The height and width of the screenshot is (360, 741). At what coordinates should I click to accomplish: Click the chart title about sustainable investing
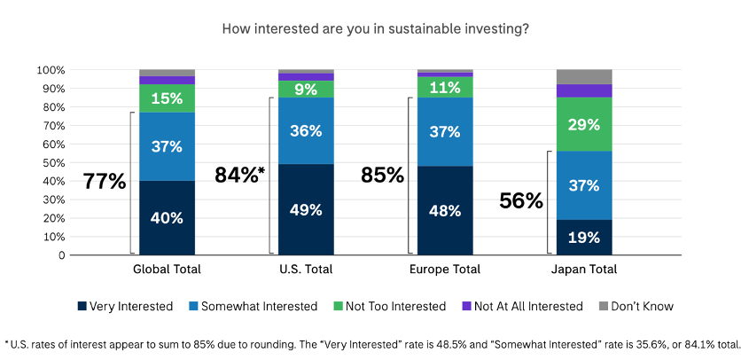click(376, 28)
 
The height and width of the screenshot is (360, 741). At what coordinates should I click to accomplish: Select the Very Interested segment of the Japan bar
click(584, 237)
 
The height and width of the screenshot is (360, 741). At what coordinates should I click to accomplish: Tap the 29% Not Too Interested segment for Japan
click(584, 124)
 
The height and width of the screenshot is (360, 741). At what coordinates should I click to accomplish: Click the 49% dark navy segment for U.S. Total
click(306, 210)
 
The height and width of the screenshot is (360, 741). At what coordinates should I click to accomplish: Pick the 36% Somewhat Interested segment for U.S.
click(306, 130)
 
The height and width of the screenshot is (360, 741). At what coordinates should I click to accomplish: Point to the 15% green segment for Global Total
click(167, 98)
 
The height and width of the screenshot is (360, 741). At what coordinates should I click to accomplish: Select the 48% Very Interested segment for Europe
click(445, 211)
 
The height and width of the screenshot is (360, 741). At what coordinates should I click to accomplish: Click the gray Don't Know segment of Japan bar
click(584, 76)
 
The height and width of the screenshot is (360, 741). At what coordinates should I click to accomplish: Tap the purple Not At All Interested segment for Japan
click(584, 90)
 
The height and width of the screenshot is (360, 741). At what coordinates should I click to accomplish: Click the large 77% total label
click(105, 182)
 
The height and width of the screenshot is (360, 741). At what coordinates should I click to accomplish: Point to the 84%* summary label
click(239, 175)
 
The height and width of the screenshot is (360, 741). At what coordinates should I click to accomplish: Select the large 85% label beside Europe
click(382, 175)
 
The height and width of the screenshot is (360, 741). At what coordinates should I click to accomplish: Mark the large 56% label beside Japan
click(521, 201)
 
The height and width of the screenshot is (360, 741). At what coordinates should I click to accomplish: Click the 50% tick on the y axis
click(51, 162)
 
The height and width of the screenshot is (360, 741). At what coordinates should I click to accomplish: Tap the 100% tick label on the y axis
click(49, 70)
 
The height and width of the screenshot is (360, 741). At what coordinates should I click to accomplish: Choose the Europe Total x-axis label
click(445, 270)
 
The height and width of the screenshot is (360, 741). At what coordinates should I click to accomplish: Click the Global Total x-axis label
click(167, 270)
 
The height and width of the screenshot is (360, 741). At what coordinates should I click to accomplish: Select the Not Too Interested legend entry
click(396, 306)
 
